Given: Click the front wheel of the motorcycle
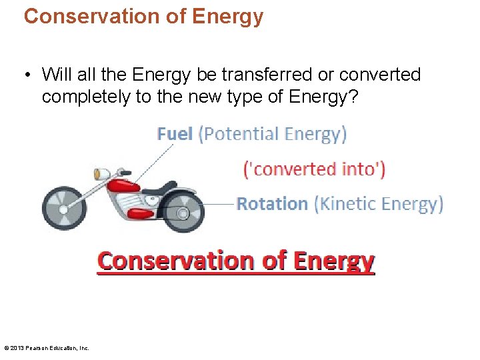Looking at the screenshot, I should (64, 207).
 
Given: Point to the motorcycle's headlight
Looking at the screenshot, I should (101, 174).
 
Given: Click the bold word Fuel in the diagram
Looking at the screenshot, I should (175, 134).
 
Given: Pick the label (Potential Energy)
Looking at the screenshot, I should (273, 134).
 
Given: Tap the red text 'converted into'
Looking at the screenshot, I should (314, 169).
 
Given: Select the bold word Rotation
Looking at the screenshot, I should (273, 203).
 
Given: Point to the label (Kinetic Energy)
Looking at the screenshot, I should (379, 203).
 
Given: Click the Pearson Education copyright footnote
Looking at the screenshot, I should (47, 347).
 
